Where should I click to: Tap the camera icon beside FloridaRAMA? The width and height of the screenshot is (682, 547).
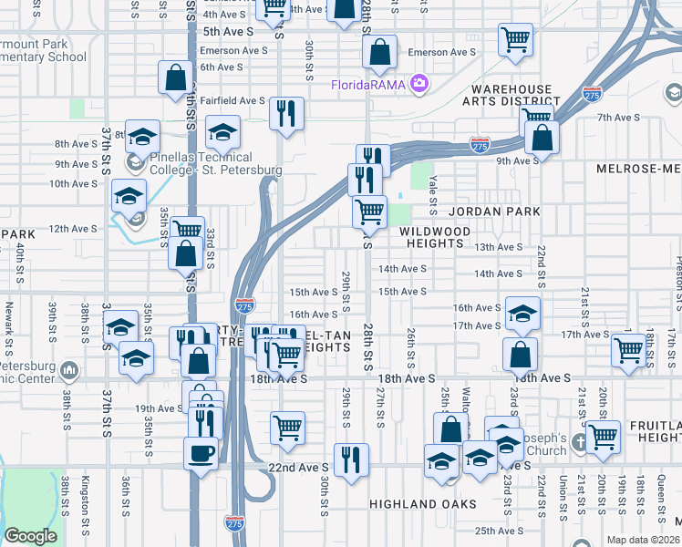click(419, 84)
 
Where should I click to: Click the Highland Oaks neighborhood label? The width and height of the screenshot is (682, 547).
click(423, 504)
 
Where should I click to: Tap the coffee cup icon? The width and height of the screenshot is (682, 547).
click(201, 451)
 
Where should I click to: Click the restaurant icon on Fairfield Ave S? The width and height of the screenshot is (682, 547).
click(286, 114)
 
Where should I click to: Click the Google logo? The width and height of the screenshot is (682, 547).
click(30, 536)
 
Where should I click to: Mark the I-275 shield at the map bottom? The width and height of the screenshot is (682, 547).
click(232, 521)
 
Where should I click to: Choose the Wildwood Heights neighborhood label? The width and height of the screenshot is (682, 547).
click(435, 237)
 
